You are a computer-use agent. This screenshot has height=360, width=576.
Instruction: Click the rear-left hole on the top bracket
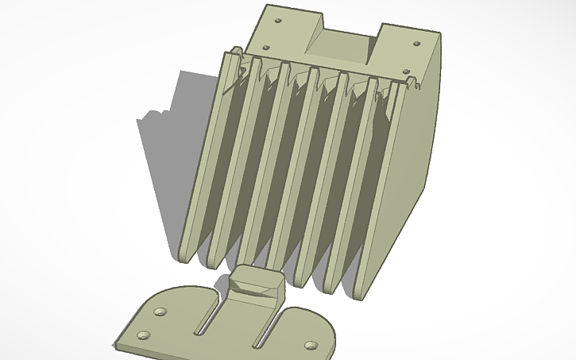click(277, 20)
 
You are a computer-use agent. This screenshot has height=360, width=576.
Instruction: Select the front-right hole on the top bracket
click(406, 72)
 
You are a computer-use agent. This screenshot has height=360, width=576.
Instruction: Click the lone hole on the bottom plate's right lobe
click(311, 346)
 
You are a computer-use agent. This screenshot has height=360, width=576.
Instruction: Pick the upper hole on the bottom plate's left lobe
click(160, 309)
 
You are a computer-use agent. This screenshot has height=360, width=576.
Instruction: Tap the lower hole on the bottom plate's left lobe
click(144, 335)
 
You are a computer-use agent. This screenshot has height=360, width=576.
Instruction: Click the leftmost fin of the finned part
click(205, 159)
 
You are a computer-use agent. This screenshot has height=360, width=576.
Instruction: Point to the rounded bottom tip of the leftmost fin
click(184, 256)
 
